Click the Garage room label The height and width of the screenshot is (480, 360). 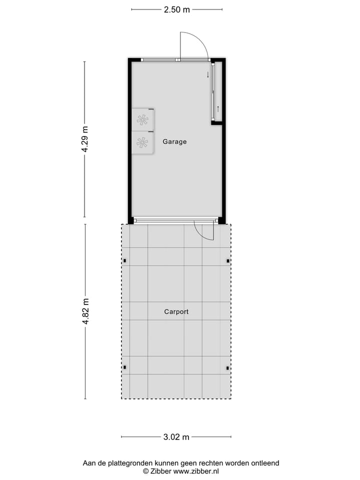[174, 141]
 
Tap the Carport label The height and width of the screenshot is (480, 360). [176, 311]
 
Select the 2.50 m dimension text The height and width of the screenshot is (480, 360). [177, 9]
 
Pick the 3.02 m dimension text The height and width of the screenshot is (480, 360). [176, 437]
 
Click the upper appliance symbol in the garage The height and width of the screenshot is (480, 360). [142, 119]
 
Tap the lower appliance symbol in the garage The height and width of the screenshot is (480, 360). [142, 142]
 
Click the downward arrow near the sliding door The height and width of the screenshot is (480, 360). [207, 75]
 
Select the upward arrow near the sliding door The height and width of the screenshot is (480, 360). [218, 108]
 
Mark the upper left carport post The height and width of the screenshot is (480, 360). [125, 260]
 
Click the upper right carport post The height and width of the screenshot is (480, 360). [228, 260]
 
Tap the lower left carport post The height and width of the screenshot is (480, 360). [125, 368]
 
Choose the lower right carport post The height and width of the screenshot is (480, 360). [228, 368]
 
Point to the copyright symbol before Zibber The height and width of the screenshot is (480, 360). [146, 471]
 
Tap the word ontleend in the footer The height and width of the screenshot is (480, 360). [264, 463]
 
